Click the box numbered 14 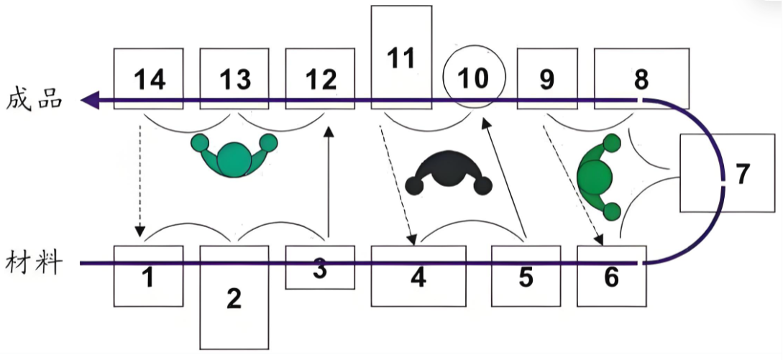point(149,78)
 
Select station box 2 point(234,297)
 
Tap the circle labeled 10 point(474,78)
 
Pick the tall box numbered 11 point(401,57)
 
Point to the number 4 point(418,277)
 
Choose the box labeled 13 point(234,78)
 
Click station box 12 point(320,78)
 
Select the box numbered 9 point(547,78)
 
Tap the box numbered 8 point(641,78)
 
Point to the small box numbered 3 point(320,268)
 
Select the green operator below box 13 point(233,155)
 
